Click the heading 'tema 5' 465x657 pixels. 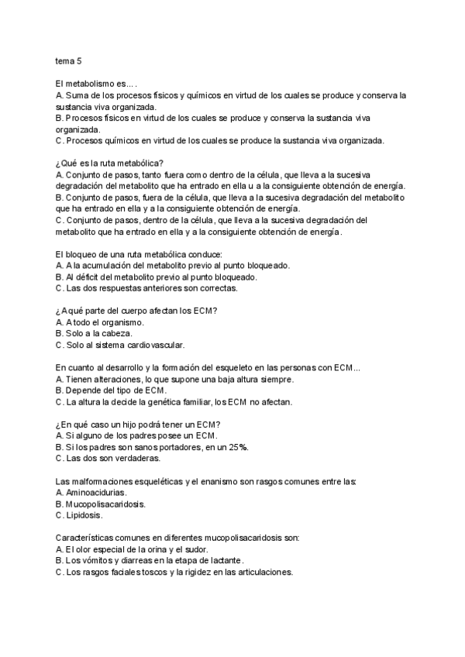click(69, 60)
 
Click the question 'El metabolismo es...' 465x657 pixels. click(97, 84)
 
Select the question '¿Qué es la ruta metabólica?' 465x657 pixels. click(108, 163)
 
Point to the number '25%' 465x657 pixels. click(238, 447)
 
